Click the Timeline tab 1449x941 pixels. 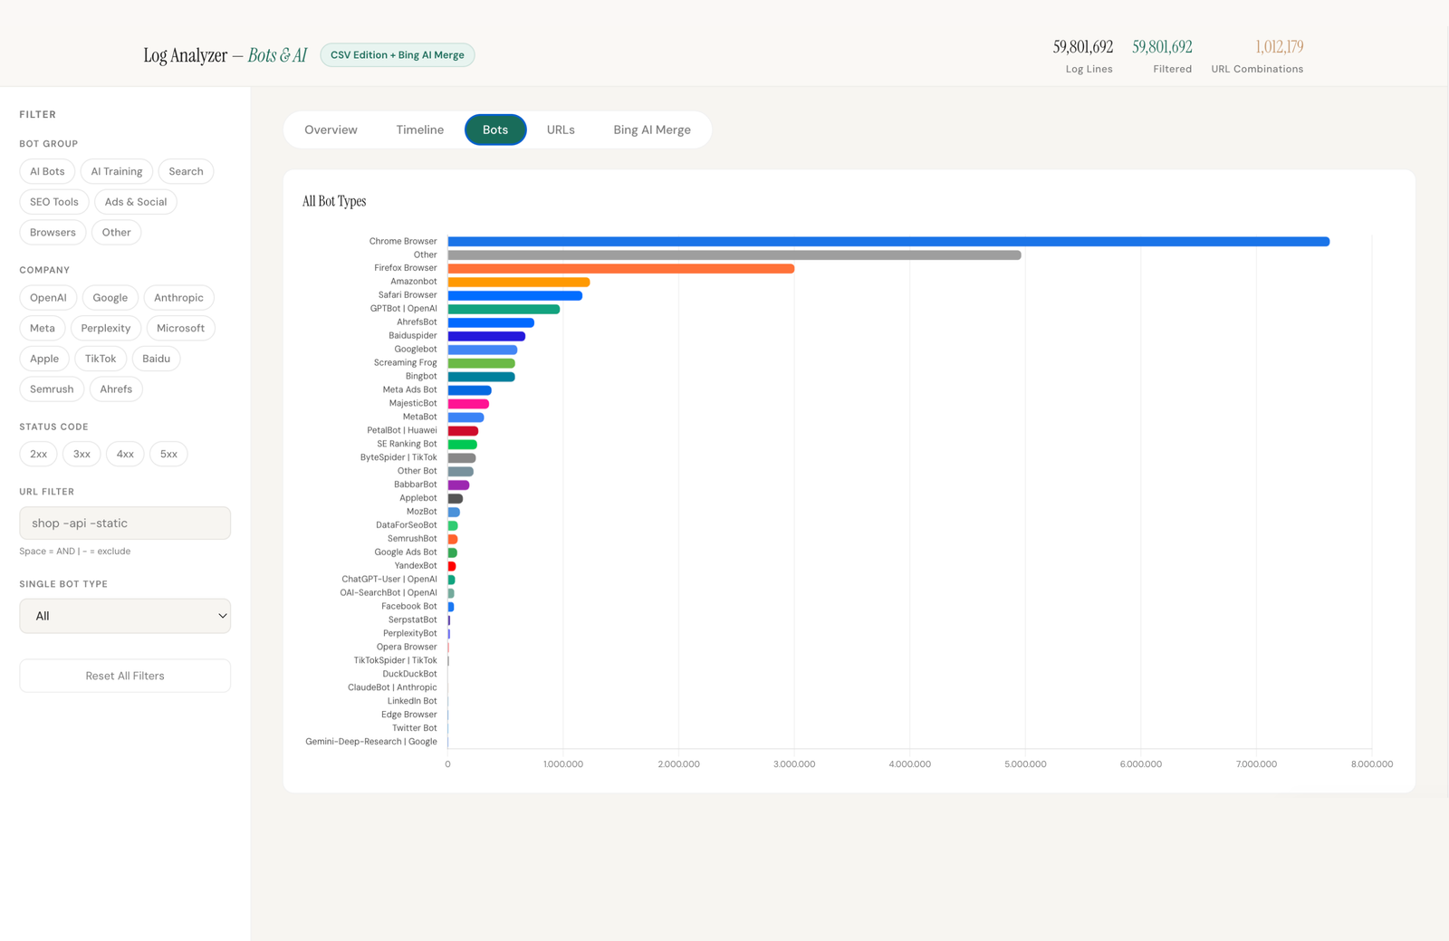click(419, 130)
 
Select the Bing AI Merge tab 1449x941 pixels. click(651, 130)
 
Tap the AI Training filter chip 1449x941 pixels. click(116, 171)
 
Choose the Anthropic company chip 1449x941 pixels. click(178, 297)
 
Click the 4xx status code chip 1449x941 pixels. click(125, 454)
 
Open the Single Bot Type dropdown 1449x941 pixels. click(125, 616)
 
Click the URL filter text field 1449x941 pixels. click(125, 523)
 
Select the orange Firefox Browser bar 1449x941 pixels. click(620, 268)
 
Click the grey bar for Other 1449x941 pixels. click(734, 255)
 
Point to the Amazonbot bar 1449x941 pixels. click(518, 282)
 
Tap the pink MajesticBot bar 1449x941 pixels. click(468, 404)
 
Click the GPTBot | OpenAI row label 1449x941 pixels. click(403, 309)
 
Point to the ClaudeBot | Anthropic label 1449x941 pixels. click(392, 687)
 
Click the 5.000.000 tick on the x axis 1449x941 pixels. click(1025, 764)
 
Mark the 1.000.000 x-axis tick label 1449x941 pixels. click(563, 764)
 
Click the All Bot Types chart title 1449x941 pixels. click(334, 201)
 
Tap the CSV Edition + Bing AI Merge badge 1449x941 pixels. click(397, 55)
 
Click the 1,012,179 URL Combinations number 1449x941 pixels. click(1279, 47)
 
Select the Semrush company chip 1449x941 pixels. click(52, 389)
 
